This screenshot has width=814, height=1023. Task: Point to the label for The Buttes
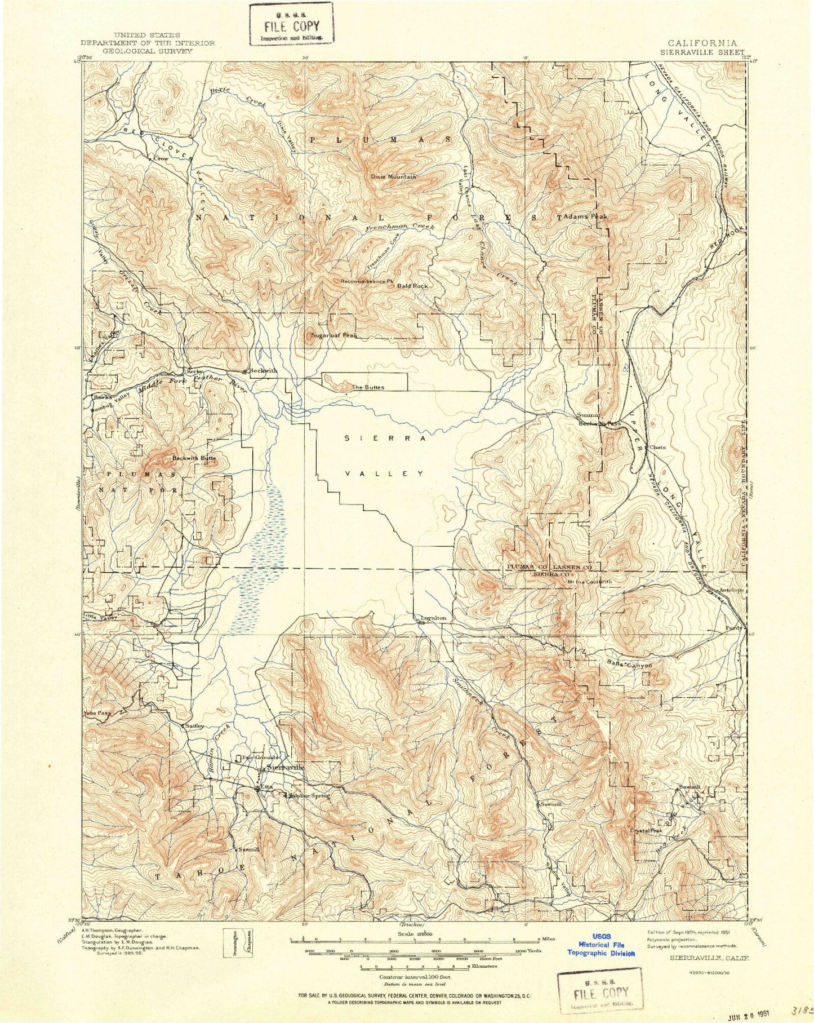coord(368,387)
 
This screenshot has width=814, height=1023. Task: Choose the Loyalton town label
coord(433,618)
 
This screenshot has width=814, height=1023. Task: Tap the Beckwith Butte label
coord(194,458)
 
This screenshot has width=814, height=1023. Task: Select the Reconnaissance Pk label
coord(366,281)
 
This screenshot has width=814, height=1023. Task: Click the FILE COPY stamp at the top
coord(292,25)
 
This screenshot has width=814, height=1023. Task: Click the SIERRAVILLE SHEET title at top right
coord(702,51)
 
